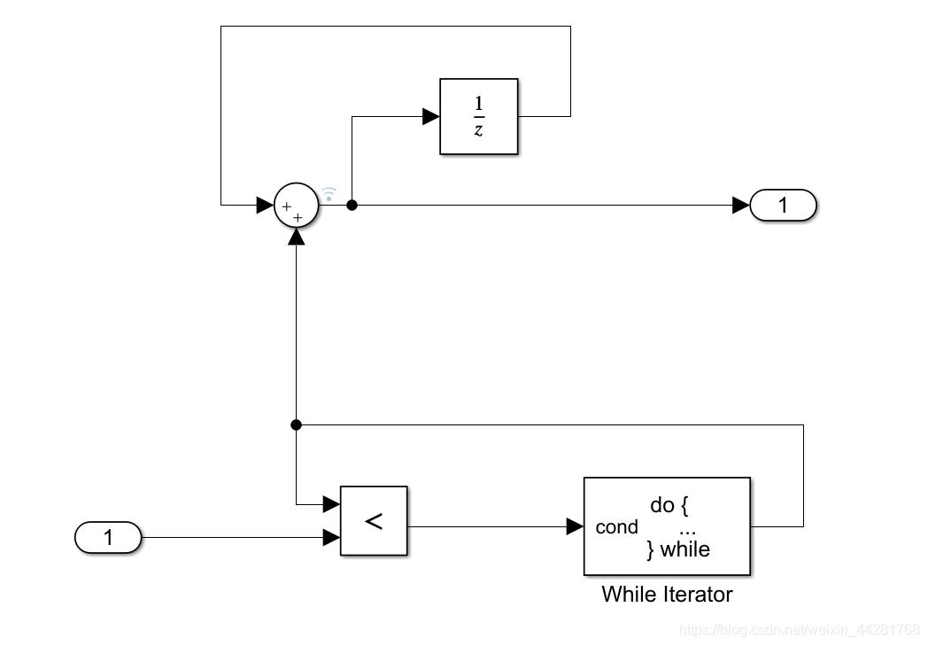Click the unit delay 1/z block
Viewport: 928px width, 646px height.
click(478, 116)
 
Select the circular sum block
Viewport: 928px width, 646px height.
click(296, 206)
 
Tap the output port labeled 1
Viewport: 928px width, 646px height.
click(783, 206)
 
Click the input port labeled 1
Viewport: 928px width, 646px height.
click(108, 537)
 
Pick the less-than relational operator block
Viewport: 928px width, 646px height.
click(374, 521)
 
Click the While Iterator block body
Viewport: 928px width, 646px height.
click(666, 526)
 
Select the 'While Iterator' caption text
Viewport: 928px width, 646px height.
click(667, 594)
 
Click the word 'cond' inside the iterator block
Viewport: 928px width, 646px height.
click(616, 527)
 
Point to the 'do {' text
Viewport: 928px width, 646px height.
click(669, 505)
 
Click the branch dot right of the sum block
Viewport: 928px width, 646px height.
click(352, 206)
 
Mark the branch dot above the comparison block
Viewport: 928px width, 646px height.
click(296, 425)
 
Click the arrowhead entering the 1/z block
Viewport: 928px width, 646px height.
click(431, 116)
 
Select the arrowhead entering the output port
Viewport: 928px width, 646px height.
click(741, 206)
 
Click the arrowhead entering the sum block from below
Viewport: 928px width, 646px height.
click(296, 237)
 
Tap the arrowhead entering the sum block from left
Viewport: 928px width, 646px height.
click(265, 206)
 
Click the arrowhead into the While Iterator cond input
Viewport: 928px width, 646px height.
click(575, 526)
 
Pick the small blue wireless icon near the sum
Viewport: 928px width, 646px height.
click(329, 192)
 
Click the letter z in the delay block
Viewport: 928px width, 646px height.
click(478, 131)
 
